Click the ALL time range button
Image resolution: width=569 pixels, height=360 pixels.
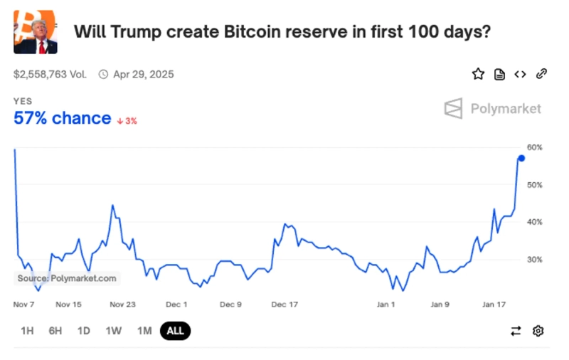(x=176, y=331)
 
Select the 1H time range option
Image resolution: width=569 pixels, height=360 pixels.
(x=27, y=331)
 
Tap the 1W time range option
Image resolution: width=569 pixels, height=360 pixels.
(x=113, y=331)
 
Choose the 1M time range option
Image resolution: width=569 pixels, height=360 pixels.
(x=144, y=331)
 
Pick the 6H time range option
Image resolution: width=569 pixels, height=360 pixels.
(x=55, y=331)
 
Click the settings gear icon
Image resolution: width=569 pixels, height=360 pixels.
(x=538, y=331)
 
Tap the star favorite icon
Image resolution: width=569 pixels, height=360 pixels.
(x=478, y=74)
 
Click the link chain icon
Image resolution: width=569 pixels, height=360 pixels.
(x=541, y=74)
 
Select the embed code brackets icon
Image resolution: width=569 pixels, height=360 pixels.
(x=520, y=74)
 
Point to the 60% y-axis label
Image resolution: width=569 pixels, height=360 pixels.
(x=535, y=148)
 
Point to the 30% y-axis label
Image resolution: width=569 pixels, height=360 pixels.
(x=535, y=260)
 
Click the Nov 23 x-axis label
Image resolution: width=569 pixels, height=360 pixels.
(x=122, y=305)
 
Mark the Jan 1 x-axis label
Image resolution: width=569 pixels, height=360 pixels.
(x=386, y=305)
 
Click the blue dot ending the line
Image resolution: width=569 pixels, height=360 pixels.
(x=521, y=158)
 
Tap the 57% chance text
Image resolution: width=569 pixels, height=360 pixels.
(x=63, y=118)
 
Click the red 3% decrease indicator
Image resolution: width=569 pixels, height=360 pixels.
(x=127, y=121)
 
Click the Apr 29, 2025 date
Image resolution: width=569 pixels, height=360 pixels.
(x=143, y=74)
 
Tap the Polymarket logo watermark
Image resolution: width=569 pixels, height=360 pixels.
(x=492, y=109)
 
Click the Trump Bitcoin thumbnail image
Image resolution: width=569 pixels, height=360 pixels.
(x=36, y=33)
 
